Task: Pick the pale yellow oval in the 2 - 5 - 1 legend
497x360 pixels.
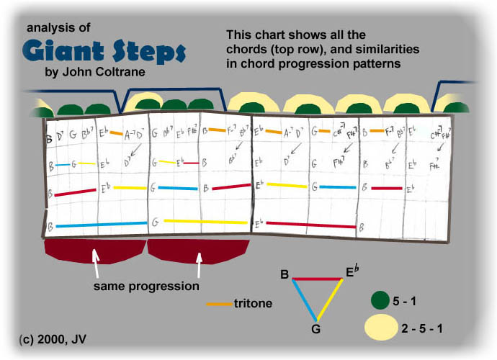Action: [380, 328]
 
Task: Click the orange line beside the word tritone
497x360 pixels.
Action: [218, 303]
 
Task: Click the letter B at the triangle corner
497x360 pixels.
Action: [285, 274]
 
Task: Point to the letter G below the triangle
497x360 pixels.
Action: [314, 330]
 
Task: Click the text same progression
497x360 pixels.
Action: [146, 286]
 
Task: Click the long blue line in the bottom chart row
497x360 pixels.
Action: [101, 225]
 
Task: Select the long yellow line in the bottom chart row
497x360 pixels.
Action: [206, 221]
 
